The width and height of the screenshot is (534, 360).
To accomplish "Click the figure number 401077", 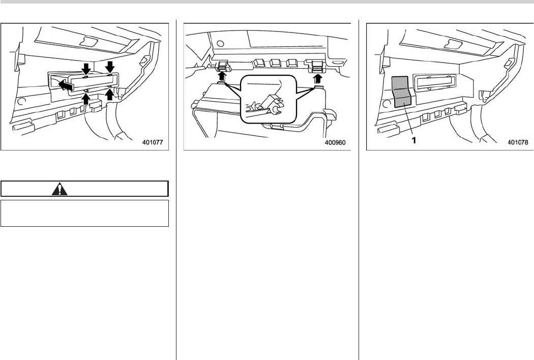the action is tap(153, 142).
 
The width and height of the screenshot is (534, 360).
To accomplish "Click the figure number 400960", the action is tap(335, 142).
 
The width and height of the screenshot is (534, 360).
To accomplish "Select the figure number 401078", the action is tap(518, 142).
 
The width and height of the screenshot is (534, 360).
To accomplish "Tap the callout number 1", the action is tap(414, 140).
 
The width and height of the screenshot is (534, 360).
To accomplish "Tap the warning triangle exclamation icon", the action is tap(60, 189).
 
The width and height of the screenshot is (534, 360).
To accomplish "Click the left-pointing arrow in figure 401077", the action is tap(67, 85).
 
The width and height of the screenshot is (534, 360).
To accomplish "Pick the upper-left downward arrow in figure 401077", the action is tap(86, 68).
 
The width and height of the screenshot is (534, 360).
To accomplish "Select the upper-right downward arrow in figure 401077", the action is tap(110, 67).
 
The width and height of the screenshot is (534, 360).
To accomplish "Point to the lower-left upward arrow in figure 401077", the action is tap(86, 98).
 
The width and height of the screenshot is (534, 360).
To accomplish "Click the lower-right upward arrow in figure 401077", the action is tap(109, 94).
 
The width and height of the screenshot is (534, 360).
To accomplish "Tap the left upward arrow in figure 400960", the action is tap(222, 75).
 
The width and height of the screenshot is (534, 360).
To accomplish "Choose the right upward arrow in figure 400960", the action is tap(318, 79).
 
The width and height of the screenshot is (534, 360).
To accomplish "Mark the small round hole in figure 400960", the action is tap(220, 44).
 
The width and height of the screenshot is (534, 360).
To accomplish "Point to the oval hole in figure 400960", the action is tap(337, 63).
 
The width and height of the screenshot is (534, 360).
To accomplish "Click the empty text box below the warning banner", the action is tap(85, 213).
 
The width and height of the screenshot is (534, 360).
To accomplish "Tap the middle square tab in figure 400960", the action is tap(275, 63).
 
